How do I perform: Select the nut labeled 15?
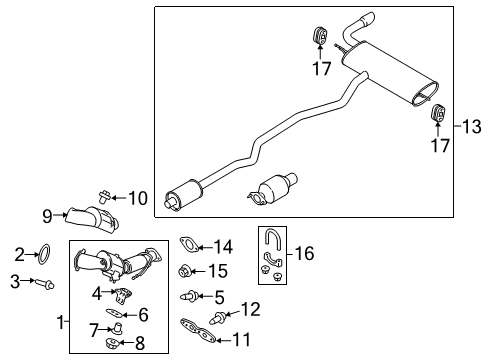point(184,270)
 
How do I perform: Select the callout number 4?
point(97,293)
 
